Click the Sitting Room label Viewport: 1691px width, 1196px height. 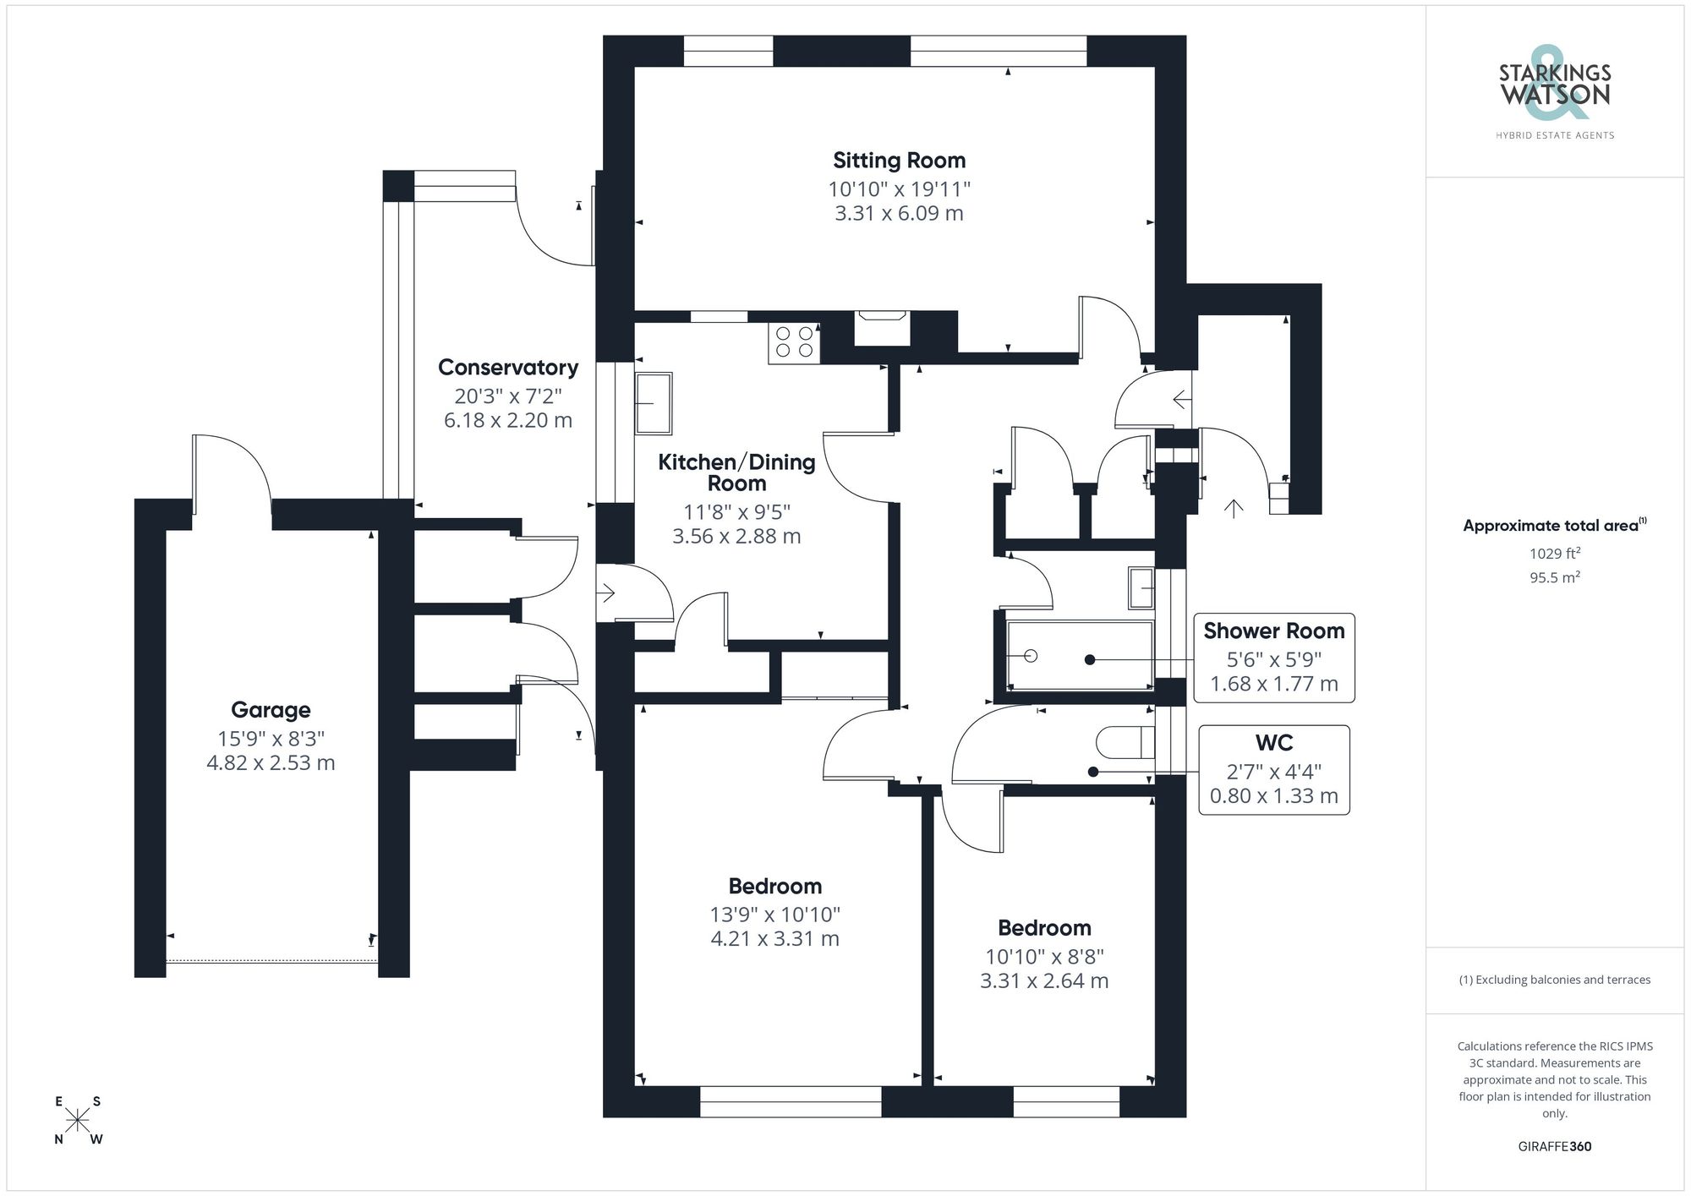[899, 161]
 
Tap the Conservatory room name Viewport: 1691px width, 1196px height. [508, 368]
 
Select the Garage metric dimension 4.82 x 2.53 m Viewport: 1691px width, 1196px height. [271, 763]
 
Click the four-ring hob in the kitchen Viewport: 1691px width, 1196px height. [794, 342]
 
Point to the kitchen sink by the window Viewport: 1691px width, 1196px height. [654, 403]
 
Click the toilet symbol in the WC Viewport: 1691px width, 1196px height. [1125, 743]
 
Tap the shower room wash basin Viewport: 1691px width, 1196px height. [1141, 588]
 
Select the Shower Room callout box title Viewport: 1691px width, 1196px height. [1273, 631]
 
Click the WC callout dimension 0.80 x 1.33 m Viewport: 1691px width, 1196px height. [1273, 796]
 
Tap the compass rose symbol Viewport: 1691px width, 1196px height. [78, 1121]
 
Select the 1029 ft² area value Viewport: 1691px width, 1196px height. [1554, 554]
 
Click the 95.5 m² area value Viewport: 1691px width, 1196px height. [1554, 578]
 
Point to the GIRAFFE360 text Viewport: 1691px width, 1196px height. [1554, 1147]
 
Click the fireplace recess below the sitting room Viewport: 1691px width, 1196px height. [882, 329]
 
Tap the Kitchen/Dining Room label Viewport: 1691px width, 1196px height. [736, 472]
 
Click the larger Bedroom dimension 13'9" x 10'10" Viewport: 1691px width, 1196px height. [774, 915]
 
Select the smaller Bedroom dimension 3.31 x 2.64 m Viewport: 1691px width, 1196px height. [1044, 981]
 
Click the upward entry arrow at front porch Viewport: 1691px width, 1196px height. [1234, 508]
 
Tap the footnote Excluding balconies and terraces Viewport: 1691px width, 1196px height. [1554, 980]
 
